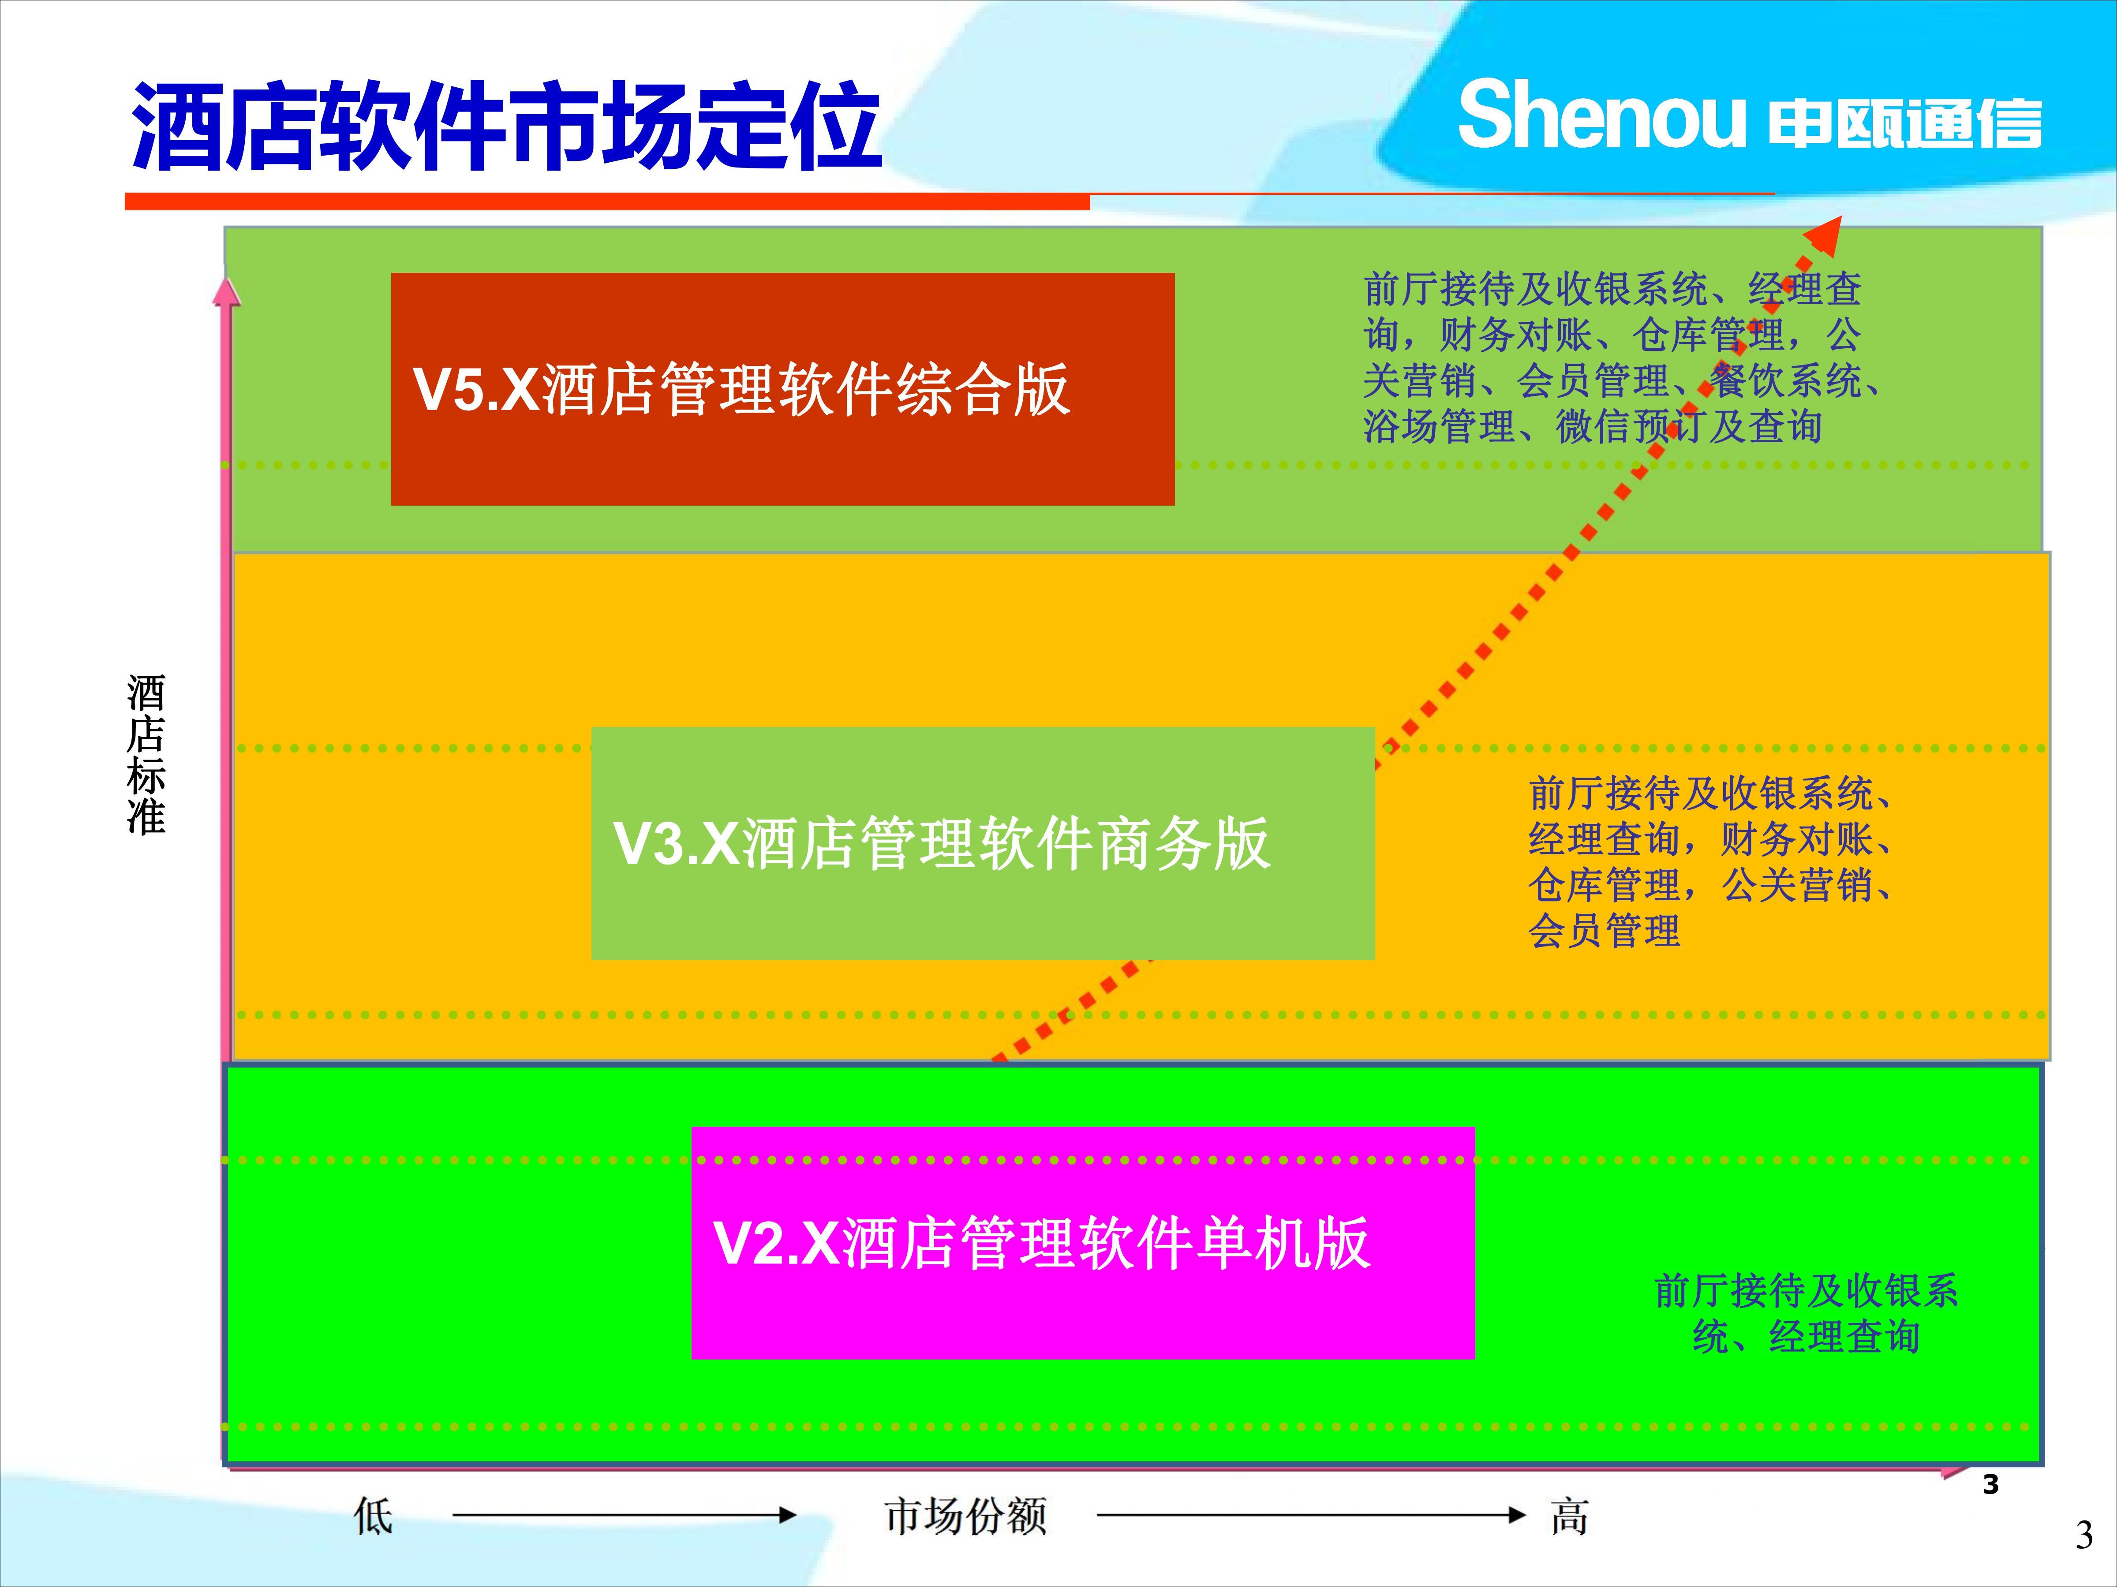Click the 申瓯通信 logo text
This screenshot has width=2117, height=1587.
click(x=1904, y=124)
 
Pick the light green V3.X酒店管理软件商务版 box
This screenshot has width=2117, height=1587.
click(x=983, y=843)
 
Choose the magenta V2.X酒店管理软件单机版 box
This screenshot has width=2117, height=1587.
click(x=1082, y=1243)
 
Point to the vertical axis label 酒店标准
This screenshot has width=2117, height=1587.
click(x=146, y=755)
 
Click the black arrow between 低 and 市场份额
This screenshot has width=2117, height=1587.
click(x=624, y=1514)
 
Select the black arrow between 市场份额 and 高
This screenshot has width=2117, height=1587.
click(x=1311, y=1514)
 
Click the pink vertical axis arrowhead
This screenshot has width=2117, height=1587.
click(x=226, y=292)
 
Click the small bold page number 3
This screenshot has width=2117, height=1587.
click(x=1991, y=1485)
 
